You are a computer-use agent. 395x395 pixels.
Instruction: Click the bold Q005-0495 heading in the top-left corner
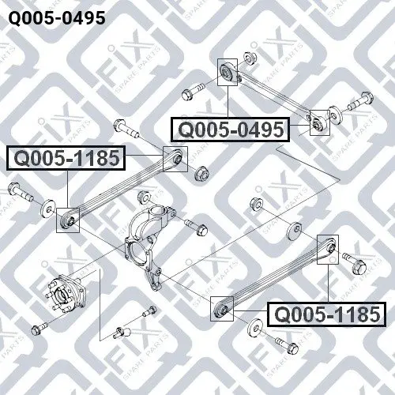tap(57, 18)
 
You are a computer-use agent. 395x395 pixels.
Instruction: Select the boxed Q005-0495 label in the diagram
tap(231, 130)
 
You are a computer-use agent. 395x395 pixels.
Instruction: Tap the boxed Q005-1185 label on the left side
tap(66, 158)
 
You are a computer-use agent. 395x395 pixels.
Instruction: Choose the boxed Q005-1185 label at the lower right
tap(327, 314)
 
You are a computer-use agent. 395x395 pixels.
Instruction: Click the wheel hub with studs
tap(67, 292)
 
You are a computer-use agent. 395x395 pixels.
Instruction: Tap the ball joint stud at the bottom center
tap(122, 333)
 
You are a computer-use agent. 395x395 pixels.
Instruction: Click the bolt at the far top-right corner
tap(360, 101)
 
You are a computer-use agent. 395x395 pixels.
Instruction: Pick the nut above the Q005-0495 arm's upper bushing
tap(248, 58)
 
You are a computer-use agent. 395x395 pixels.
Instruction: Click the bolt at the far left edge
tap(21, 192)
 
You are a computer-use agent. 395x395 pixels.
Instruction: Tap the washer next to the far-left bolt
tap(48, 209)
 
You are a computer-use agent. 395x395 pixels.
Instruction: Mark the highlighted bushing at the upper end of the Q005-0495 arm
tap(228, 72)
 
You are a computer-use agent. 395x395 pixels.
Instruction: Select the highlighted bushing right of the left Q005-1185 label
tap(175, 159)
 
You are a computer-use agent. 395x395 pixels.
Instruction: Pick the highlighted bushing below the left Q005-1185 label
tap(68, 220)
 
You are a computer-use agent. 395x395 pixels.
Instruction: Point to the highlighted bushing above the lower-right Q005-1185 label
tap(328, 250)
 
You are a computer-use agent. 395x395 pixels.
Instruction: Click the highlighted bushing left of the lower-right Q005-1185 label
tap(222, 309)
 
